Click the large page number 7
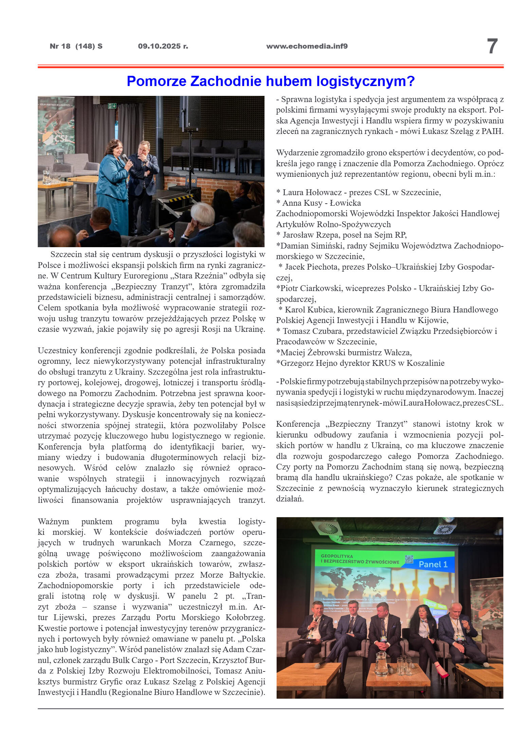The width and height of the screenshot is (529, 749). point(492,46)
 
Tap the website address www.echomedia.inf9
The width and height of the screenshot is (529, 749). point(307,46)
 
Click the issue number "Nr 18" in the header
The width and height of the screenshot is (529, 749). point(60,46)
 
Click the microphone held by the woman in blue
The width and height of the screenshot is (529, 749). point(125,158)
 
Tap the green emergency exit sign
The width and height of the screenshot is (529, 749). point(112,106)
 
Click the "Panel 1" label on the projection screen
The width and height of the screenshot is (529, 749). point(433,564)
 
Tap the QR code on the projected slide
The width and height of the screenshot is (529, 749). point(409,559)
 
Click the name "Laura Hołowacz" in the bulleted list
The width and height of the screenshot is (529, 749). point(312,192)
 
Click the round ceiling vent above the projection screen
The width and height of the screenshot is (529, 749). point(328,528)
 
